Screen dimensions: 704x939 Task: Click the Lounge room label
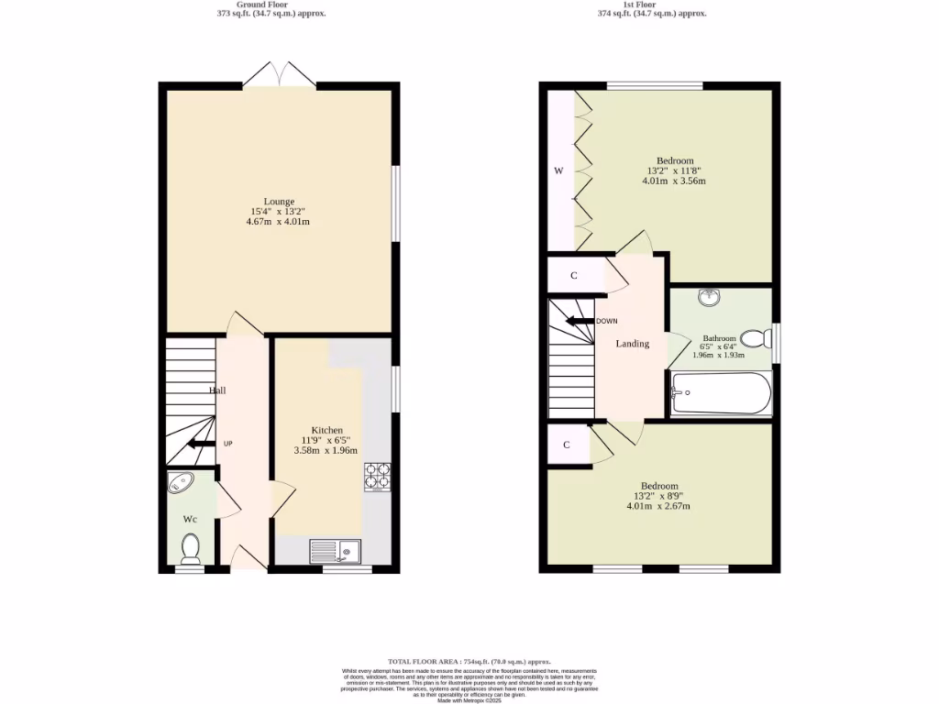coord(279,202)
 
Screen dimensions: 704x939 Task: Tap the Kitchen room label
coord(326,430)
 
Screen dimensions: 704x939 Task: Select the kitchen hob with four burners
coord(376,476)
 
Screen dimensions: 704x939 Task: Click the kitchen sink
coord(335,551)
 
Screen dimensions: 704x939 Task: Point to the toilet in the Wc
coord(191,547)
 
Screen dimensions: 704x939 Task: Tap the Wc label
coord(190,519)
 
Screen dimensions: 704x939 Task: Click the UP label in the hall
coord(228,444)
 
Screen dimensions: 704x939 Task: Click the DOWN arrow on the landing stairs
coord(578,321)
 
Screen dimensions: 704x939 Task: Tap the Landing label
coord(632,344)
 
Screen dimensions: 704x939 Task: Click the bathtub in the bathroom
coord(721,393)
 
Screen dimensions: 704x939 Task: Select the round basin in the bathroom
coord(708,297)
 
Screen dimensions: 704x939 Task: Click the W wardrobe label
coord(558,170)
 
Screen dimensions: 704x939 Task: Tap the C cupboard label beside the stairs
coord(573,275)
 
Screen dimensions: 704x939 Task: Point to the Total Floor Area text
coord(469,661)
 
